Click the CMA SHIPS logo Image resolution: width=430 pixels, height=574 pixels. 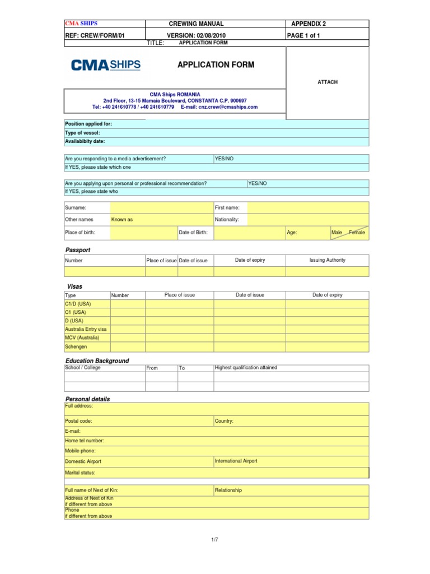[106, 65]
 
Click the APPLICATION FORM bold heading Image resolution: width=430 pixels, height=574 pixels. [216, 65]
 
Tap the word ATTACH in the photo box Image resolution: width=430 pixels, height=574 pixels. [328, 82]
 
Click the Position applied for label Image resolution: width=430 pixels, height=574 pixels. [88, 124]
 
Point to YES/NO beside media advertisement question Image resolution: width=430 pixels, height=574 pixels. [224, 159]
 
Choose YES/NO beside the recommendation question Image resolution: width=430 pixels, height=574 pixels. [258, 183]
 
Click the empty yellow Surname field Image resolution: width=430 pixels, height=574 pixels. [161, 207]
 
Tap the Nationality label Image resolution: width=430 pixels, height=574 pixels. [227, 220]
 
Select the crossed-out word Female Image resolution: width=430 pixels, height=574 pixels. [356, 232]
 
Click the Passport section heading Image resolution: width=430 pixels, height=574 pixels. [78, 250]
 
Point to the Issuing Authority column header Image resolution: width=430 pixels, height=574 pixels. [327, 260]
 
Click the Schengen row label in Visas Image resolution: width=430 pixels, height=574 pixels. [76, 347]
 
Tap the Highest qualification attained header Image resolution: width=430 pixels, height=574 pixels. [246, 368]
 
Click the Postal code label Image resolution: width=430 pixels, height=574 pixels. [79, 420]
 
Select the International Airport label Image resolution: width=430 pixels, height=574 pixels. [236, 461]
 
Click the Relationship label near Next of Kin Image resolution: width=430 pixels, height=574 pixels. [228, 490]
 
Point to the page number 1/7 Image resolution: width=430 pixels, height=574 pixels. [214, 539]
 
